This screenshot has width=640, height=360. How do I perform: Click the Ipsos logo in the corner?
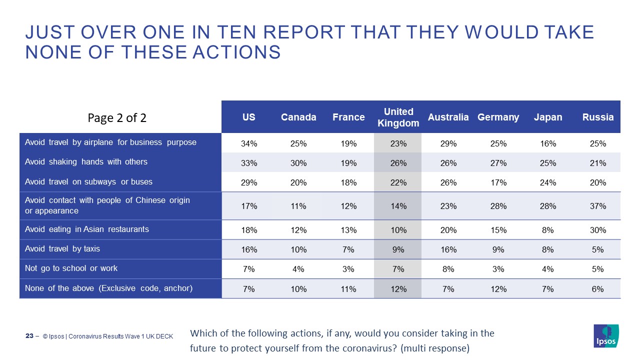pos(605,335)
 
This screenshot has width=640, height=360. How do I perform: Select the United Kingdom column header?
pos(398,117)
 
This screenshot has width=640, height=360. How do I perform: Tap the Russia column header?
pos(597,117)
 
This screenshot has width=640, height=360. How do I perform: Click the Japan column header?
pos(548,117)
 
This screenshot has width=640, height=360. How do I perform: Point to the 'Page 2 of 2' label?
pos(117,118)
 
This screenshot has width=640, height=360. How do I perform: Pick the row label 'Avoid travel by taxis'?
pos(62,249)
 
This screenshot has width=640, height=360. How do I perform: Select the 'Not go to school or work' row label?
pos(71,268)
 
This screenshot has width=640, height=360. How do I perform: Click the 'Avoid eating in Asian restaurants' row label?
pos(87,229)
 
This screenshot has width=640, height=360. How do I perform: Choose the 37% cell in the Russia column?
pos(597,206)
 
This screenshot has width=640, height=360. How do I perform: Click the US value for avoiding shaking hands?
pos(248,163)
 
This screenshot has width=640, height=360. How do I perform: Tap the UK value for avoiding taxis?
pos(398,249)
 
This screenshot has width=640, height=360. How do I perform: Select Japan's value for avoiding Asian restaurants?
pos(548,230)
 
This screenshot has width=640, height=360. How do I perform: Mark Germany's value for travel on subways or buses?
pos(498,182)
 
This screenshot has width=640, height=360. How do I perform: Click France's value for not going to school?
pos(348,269)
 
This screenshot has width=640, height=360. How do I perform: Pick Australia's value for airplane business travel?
pos(448,143)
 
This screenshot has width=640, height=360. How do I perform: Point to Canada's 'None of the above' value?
pos(298,289)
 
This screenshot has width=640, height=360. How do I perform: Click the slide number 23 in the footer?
pos(29,336)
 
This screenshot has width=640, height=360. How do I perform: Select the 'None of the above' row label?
pos(108,288)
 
